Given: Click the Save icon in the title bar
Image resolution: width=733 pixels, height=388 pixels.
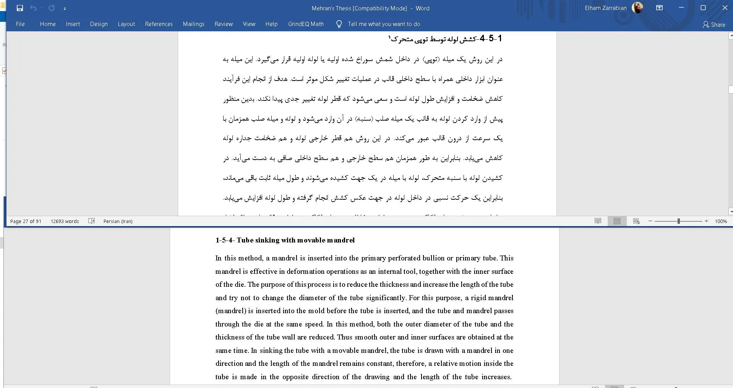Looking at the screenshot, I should coord(20,8).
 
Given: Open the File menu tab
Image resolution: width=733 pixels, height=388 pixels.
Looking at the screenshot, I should coord(20,24).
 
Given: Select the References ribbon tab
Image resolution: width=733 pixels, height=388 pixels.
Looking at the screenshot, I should coord(159,24).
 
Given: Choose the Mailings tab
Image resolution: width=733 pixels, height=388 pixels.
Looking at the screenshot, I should coord(193,24).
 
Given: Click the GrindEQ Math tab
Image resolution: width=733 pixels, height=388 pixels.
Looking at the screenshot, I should coord(306,24).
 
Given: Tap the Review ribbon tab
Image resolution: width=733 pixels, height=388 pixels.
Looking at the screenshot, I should coord(224,24).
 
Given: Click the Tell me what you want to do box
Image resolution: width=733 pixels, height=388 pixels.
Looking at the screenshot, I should coord(384,24).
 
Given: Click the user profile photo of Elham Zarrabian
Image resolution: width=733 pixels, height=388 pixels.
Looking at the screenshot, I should coord(637,8).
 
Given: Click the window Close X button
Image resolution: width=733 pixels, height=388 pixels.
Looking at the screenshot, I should coord(725,8).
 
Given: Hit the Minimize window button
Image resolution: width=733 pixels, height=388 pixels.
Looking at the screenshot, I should coord(681,8).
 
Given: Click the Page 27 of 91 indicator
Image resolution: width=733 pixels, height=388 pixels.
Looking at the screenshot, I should coord(26,221).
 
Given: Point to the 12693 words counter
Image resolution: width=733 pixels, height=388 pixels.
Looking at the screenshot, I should coord(65,221).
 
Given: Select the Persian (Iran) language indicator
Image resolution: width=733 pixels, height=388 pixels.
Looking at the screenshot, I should coord(118,221).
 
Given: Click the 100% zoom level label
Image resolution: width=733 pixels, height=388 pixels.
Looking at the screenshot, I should coord(721,221).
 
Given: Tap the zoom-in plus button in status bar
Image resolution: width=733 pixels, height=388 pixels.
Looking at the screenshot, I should coord(706,221).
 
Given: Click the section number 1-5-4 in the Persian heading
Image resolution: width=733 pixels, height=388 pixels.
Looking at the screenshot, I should coord(491,39).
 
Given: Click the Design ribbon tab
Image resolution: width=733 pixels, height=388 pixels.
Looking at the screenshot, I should coord(99,24).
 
